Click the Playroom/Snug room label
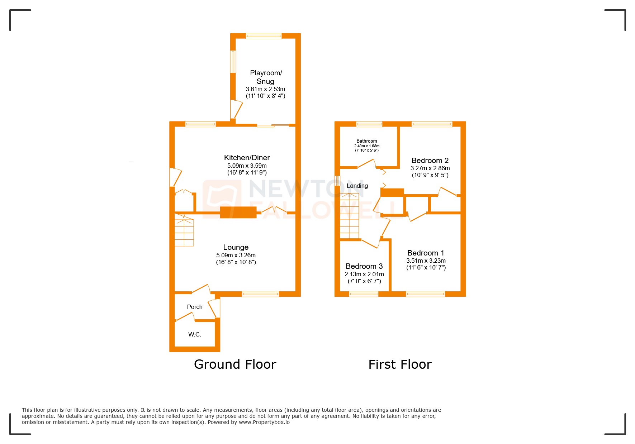point(266,77)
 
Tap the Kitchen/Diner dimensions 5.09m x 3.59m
point(247,166)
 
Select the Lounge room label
point(236,247)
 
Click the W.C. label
point(195,334)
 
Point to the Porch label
point(195,307)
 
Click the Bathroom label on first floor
point(366,141)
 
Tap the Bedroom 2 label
point(430,161)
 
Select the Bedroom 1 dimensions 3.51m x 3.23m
point(426,261)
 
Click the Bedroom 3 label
point(364,266)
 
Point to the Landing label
point(357,186)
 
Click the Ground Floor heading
point(235,364)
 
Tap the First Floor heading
point(400,364)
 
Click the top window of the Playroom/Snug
point(264,36)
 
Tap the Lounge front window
point(260,294)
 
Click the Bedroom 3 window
point(364,294)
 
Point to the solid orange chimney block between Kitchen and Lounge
point(238,213)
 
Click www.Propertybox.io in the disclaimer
point(264,422)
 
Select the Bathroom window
point(369,124)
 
